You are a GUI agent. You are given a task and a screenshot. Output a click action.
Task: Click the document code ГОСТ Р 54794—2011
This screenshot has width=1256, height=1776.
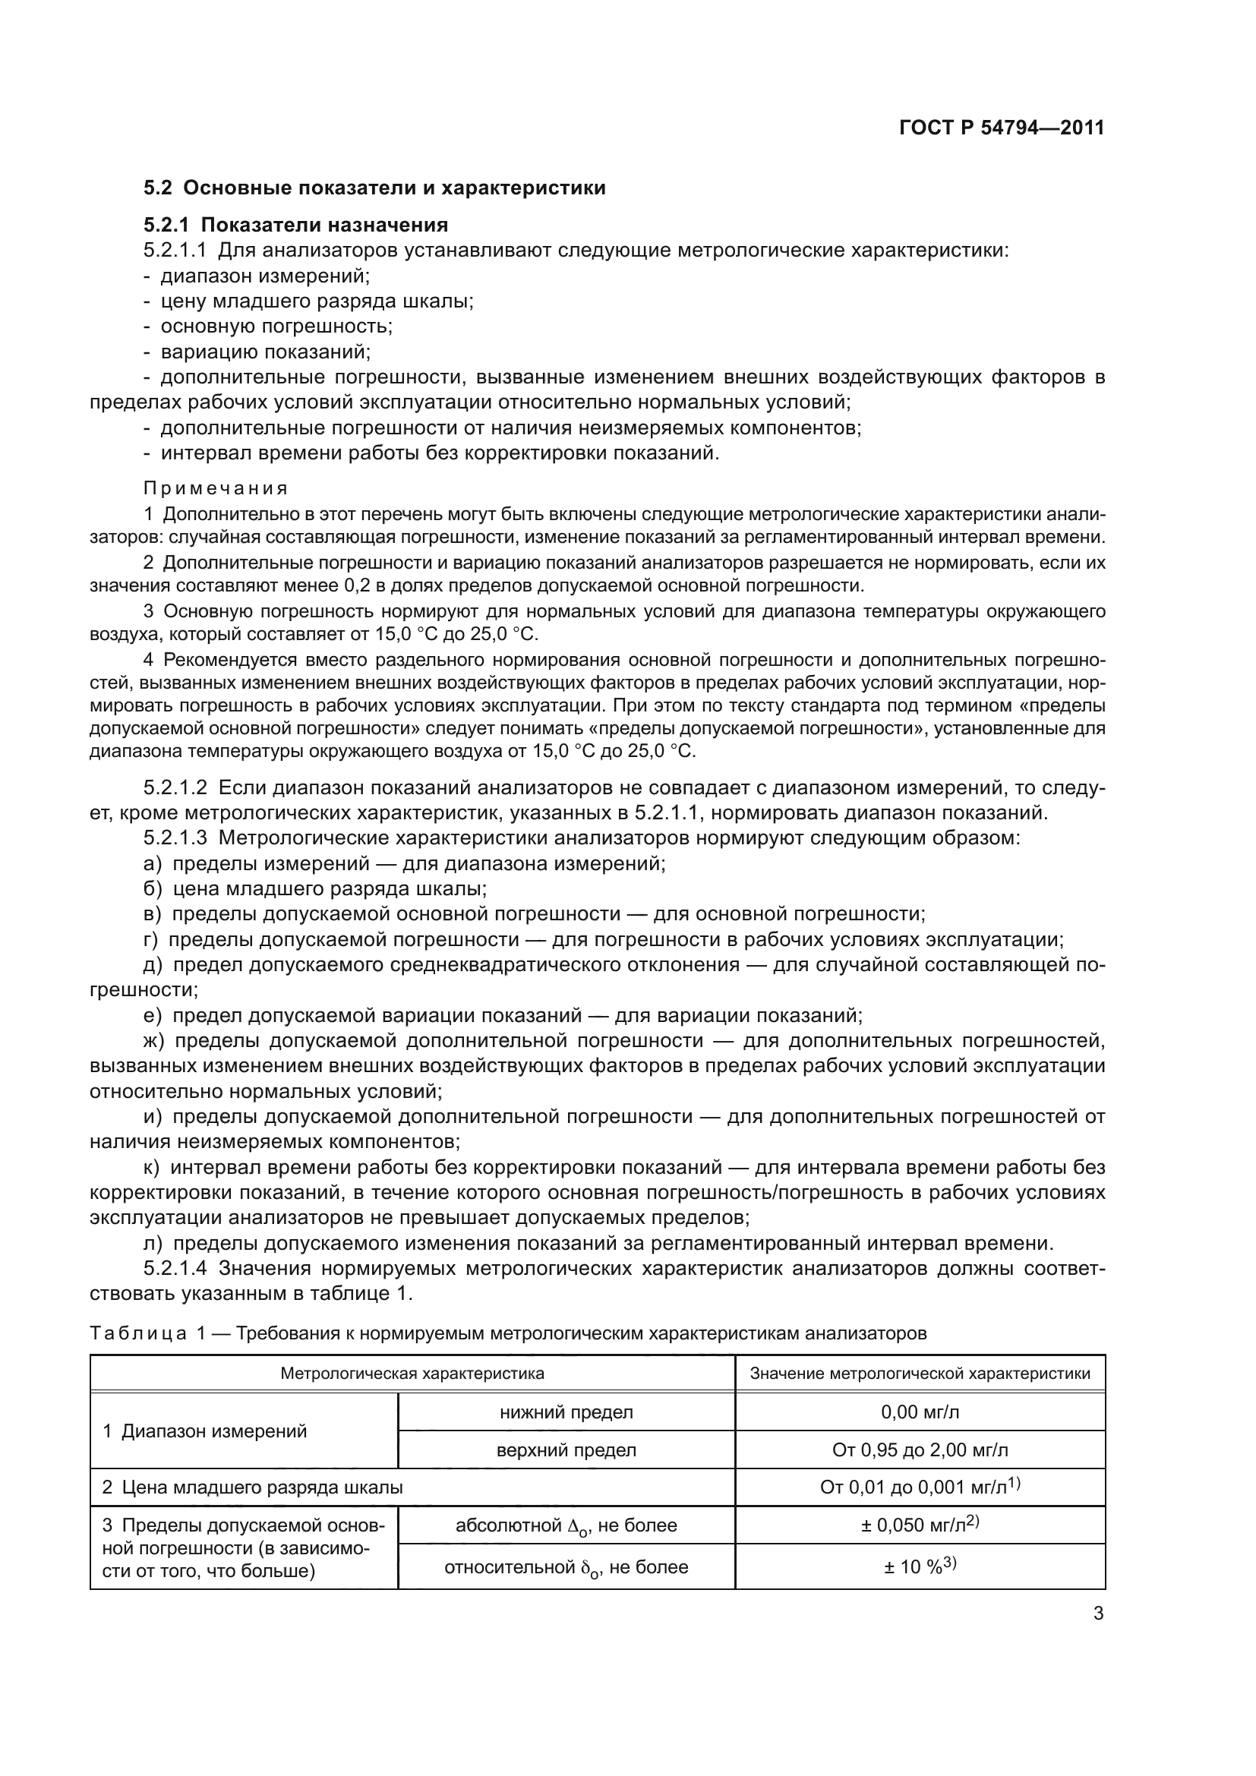pyautogui.click(x=1002, y=128)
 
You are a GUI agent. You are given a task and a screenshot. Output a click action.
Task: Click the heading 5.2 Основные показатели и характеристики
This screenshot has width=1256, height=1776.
pyautogui.click(x=374, y=188)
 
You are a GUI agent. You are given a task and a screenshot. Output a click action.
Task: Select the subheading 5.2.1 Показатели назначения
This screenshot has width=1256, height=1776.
pyautogui.click(x=295, y=225)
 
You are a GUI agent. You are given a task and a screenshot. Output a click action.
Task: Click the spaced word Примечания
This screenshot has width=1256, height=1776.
pyautogui.click(x=216, y=488)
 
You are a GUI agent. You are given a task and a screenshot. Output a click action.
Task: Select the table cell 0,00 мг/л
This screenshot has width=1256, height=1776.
pyautogui.click(x=920, y=1412)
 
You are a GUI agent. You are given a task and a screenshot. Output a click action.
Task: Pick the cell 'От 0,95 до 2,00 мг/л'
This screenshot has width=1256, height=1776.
pyautogui.click(x=920, y=1450)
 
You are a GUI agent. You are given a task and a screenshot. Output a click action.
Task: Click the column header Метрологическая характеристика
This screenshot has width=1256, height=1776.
pyautogui.click(x=412, y=1373)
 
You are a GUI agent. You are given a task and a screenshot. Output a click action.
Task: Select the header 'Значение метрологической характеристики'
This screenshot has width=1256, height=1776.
pyautogui.click(x=920, y=1373)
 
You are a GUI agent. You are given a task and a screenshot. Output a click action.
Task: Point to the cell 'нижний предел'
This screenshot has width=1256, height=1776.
pyautogui.click(x=566, y=1412)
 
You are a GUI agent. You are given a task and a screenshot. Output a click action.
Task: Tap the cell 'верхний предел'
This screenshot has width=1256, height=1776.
pyautogui.click(x=566, y=1450)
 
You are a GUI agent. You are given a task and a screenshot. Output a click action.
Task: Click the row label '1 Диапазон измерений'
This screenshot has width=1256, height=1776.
pyautogui.click(x=205, y=1431)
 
